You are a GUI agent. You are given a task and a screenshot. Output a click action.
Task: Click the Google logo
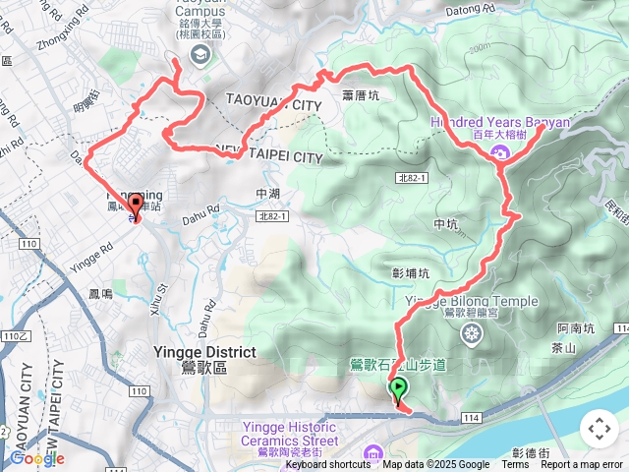[36, 458]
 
